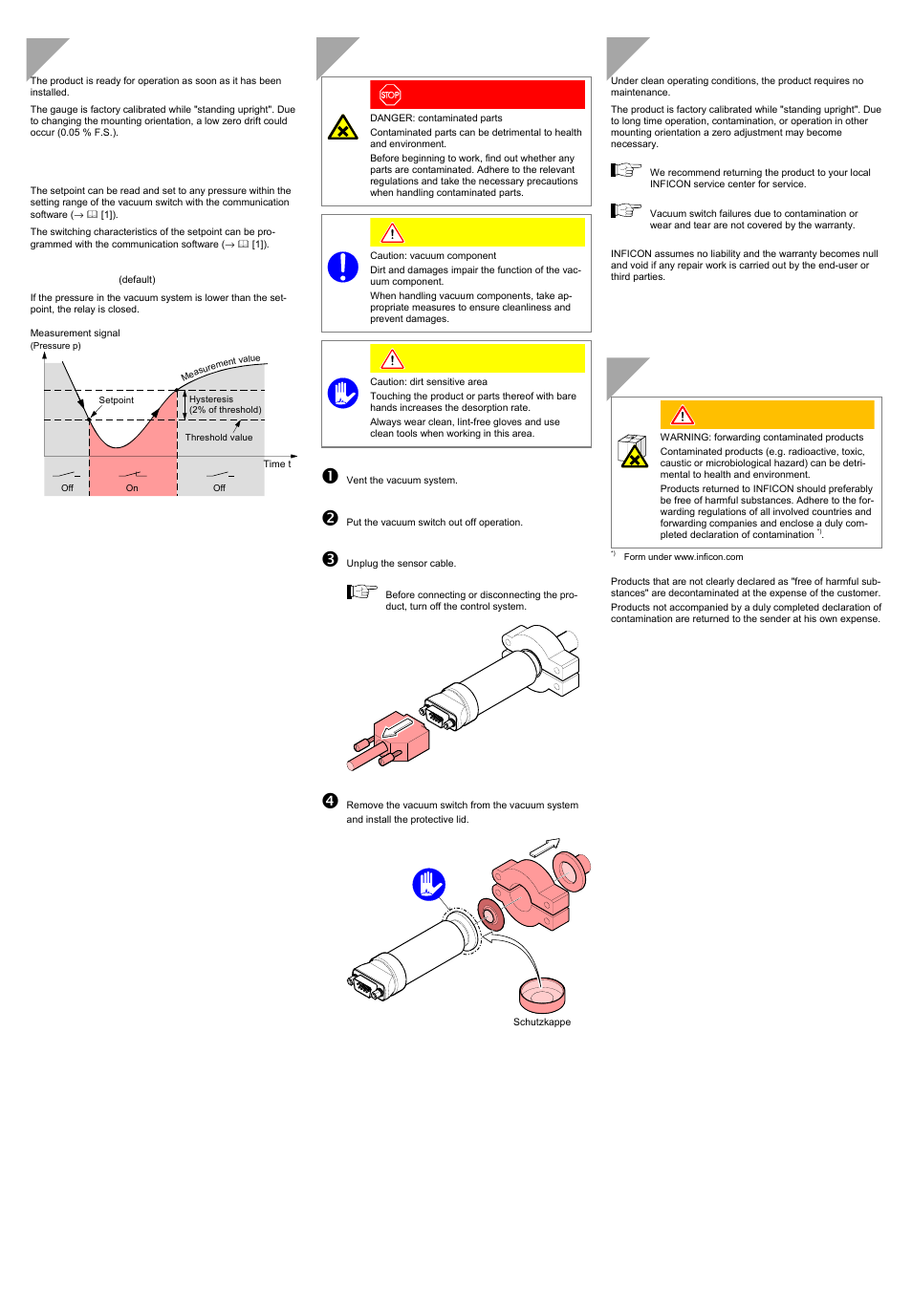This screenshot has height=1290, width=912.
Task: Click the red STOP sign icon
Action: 390,95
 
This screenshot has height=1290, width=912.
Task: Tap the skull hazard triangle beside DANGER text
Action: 342,128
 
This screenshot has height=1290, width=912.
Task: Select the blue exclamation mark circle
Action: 342,267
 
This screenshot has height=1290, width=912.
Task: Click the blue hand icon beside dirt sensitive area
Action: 342,393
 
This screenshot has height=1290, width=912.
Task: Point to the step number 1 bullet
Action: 330,476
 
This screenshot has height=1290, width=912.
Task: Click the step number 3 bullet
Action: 330,559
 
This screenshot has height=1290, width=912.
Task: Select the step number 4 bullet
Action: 330,801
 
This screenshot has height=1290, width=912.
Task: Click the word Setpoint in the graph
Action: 117,400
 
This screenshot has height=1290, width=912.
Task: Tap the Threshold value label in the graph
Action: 219,438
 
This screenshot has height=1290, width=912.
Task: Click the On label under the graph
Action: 132,488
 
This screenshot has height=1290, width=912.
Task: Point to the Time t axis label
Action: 277,464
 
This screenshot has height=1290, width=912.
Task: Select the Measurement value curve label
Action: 221,367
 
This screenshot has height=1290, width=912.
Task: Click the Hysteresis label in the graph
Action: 211,399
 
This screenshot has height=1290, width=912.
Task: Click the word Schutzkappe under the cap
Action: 542,1022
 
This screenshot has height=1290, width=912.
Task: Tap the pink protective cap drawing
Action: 542,996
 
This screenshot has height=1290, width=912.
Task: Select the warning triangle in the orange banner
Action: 683,416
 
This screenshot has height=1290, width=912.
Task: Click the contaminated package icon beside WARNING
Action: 633,451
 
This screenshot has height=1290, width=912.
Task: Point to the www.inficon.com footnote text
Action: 707,557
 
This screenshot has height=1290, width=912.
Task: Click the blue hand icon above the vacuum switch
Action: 429,884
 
